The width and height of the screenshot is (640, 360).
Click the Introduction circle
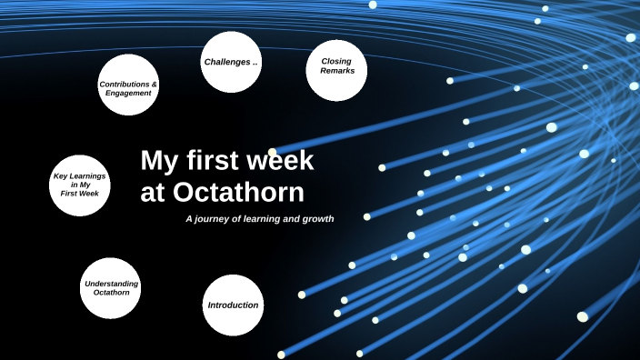click(x=233, y=305)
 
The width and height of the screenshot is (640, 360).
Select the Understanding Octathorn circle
click(x=111, y=288)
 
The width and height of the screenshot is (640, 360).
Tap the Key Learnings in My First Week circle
click(x=80, y=185)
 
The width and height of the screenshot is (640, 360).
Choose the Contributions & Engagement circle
click(x=128, y=85)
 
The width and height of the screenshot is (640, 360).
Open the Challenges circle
click(x=231, y=62)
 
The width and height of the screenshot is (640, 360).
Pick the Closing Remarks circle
click(x=336, y=70)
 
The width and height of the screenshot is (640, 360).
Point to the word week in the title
click(x=281, y=161)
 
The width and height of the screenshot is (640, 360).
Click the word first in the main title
click(x=215, y=161)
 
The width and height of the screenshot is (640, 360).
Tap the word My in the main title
click(x=158, y=161)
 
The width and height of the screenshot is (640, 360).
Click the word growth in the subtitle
click(x=316, y=219)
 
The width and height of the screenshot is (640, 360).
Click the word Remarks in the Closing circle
click(x=336, y=71)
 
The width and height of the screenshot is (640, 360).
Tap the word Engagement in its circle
click(x=127, y=93)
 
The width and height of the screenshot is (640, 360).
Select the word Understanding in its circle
click(x=112, y=284)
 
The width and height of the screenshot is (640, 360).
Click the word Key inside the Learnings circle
click(x=62, y=175)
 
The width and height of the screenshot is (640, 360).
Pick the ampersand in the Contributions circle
click(x=154, y=84)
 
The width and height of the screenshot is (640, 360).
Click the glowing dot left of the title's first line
click(x=273, y=153)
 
